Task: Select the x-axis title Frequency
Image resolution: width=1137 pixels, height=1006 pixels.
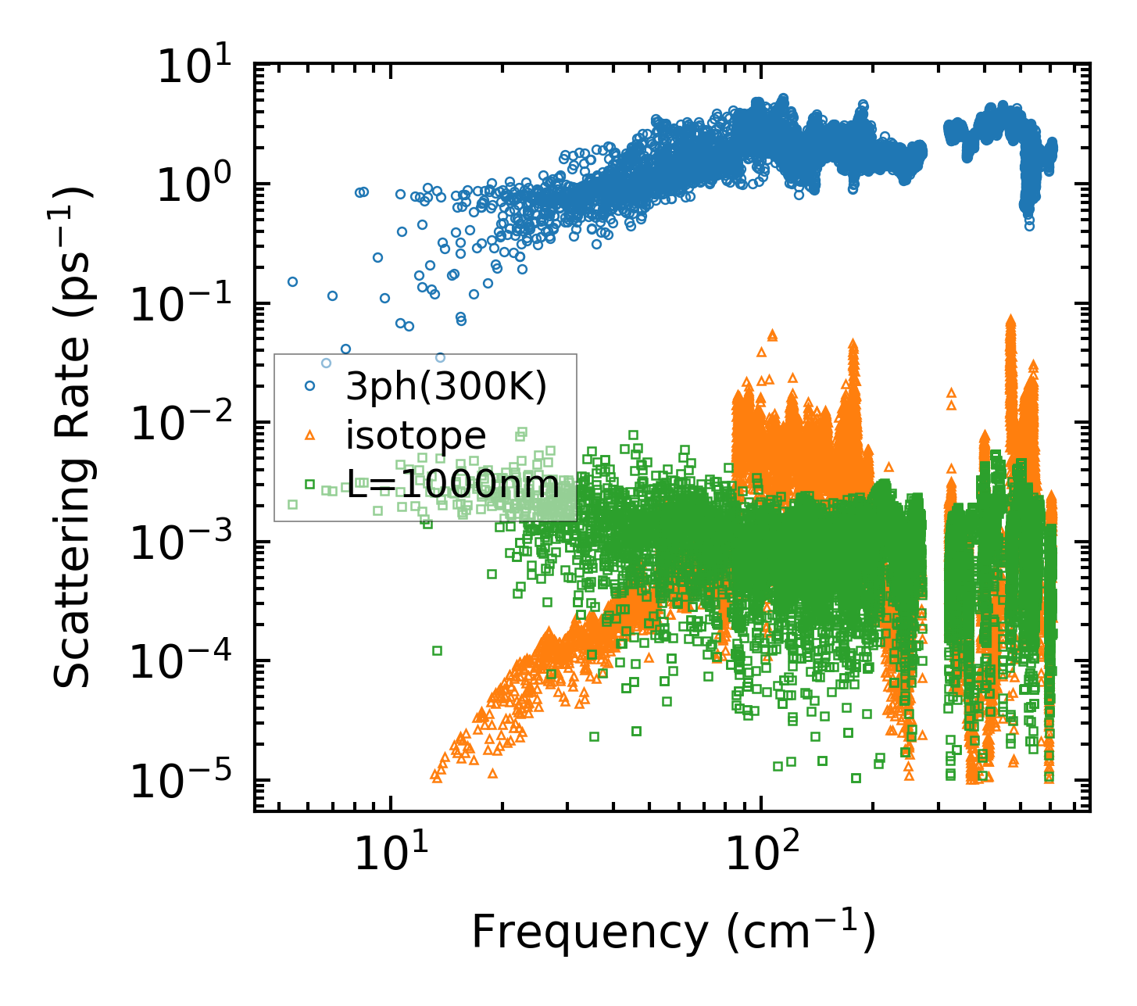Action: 673,932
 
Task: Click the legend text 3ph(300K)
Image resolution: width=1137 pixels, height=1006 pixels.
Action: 446,385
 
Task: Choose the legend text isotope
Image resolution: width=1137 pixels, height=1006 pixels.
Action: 416,435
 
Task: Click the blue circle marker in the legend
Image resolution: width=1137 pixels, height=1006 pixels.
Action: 309,385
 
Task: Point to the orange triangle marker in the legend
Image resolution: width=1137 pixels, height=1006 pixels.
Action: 309,435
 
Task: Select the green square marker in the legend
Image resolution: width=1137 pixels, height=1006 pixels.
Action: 309,485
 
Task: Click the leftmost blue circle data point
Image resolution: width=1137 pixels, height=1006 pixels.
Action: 292,281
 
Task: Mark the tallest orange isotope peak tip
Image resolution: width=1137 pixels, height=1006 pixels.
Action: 1010,320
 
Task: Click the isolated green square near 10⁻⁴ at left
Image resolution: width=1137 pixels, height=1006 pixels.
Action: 437,650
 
